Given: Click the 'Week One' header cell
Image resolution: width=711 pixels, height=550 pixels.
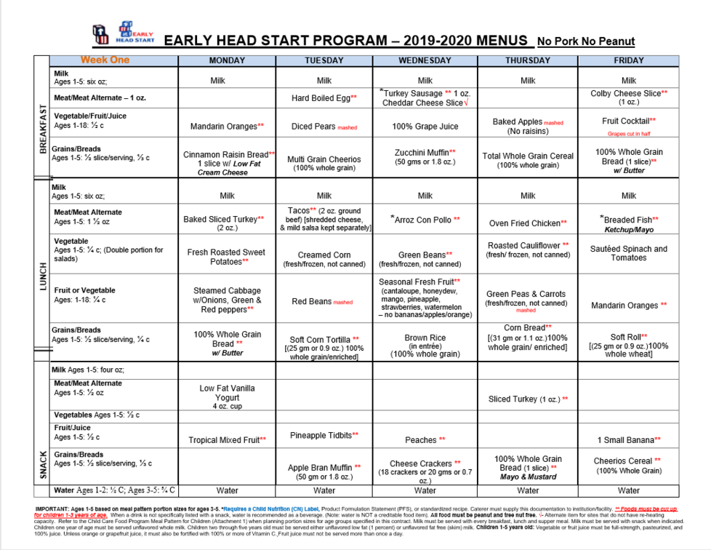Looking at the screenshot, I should point(105,60).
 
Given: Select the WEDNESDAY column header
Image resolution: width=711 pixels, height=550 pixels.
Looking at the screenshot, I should point(425,60).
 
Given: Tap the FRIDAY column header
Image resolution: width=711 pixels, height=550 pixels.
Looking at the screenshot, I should point(629,60).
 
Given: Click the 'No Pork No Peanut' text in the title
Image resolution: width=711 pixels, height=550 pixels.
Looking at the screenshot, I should point(586,41).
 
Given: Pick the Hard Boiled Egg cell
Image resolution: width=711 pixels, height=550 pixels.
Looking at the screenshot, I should point(324,97).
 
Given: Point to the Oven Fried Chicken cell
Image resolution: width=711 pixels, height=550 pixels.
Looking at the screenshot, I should point(528,223).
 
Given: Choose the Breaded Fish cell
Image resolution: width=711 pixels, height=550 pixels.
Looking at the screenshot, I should point(629,223).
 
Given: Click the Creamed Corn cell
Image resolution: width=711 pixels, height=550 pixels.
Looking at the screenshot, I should point(324,259).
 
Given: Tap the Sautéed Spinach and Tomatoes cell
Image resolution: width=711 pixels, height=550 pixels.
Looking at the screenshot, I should point(629,253).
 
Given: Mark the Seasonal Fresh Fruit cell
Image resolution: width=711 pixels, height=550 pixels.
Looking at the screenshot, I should point(425,298).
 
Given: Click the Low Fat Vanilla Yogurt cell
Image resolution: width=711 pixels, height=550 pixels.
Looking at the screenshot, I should point(227,396).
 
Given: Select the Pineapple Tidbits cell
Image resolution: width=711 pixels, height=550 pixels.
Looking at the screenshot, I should point(324,435).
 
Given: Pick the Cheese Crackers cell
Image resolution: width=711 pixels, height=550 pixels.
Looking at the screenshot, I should point(425,468).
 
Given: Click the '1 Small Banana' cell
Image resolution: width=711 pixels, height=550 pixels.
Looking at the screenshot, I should point(629,439).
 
